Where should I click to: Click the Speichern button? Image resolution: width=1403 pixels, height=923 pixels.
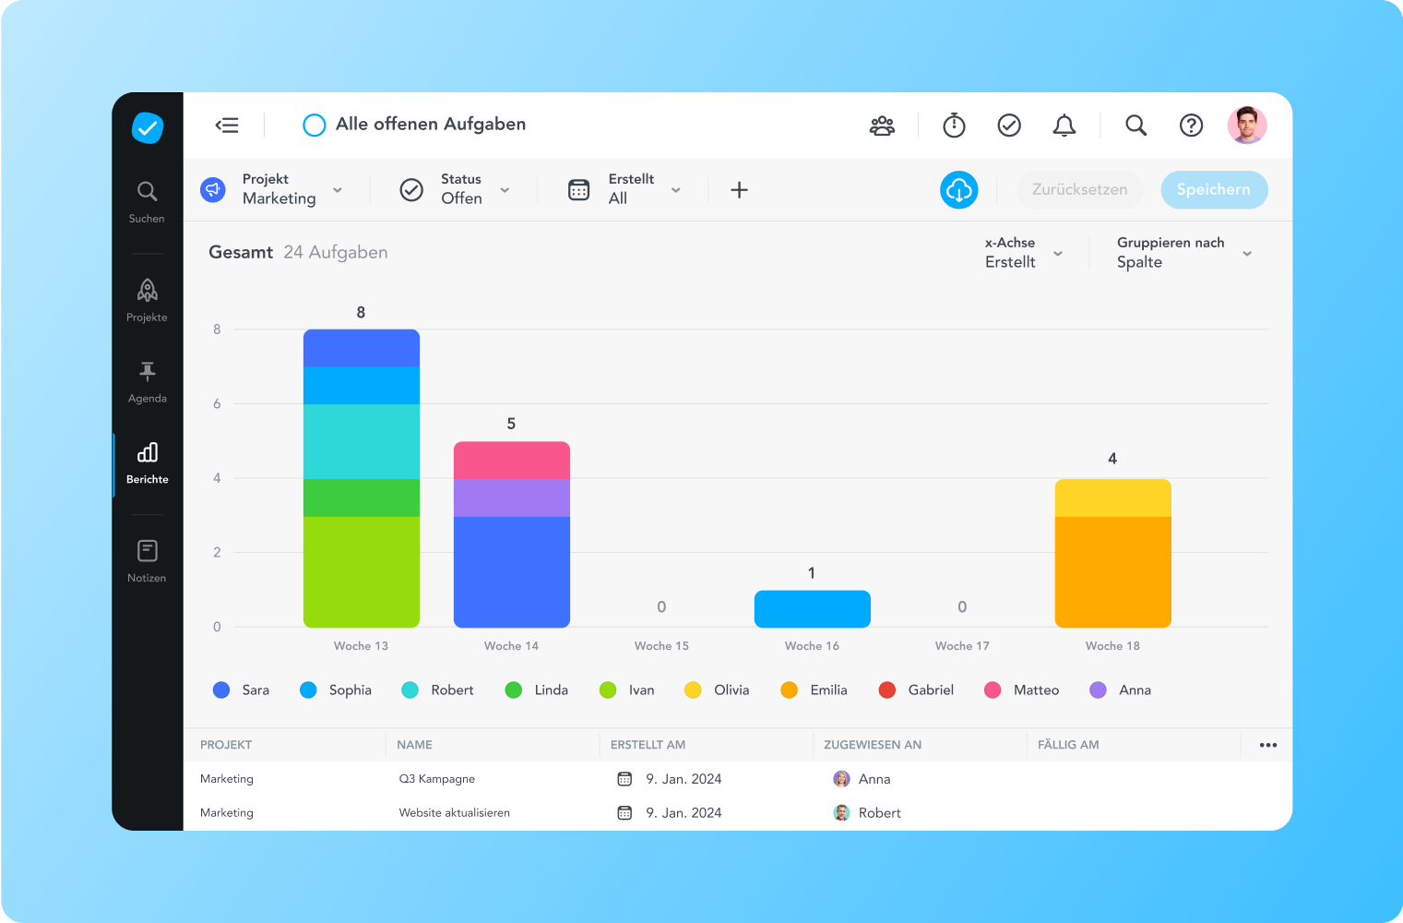1213,189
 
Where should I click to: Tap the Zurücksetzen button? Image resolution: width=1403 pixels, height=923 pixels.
1079,189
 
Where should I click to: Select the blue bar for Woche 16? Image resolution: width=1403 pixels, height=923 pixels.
812,609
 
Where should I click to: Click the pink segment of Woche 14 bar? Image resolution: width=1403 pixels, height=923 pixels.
511,460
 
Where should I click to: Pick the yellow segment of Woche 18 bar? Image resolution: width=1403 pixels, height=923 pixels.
1112,497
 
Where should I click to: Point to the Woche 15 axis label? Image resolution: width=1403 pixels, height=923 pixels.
661,646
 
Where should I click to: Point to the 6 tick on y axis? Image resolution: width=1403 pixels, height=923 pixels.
217,403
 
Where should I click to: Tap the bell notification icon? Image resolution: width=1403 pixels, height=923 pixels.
1064,125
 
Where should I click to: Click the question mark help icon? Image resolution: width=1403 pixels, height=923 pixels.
1191,125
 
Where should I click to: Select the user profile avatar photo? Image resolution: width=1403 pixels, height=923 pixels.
1246,125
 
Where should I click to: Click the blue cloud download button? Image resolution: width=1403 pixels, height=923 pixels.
958,189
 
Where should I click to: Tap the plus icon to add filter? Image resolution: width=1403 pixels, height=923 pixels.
739,190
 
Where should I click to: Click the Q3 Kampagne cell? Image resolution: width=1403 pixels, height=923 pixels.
436,779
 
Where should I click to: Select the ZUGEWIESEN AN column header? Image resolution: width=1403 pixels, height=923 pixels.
873,745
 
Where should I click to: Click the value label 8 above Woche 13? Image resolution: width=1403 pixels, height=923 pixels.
361,313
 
